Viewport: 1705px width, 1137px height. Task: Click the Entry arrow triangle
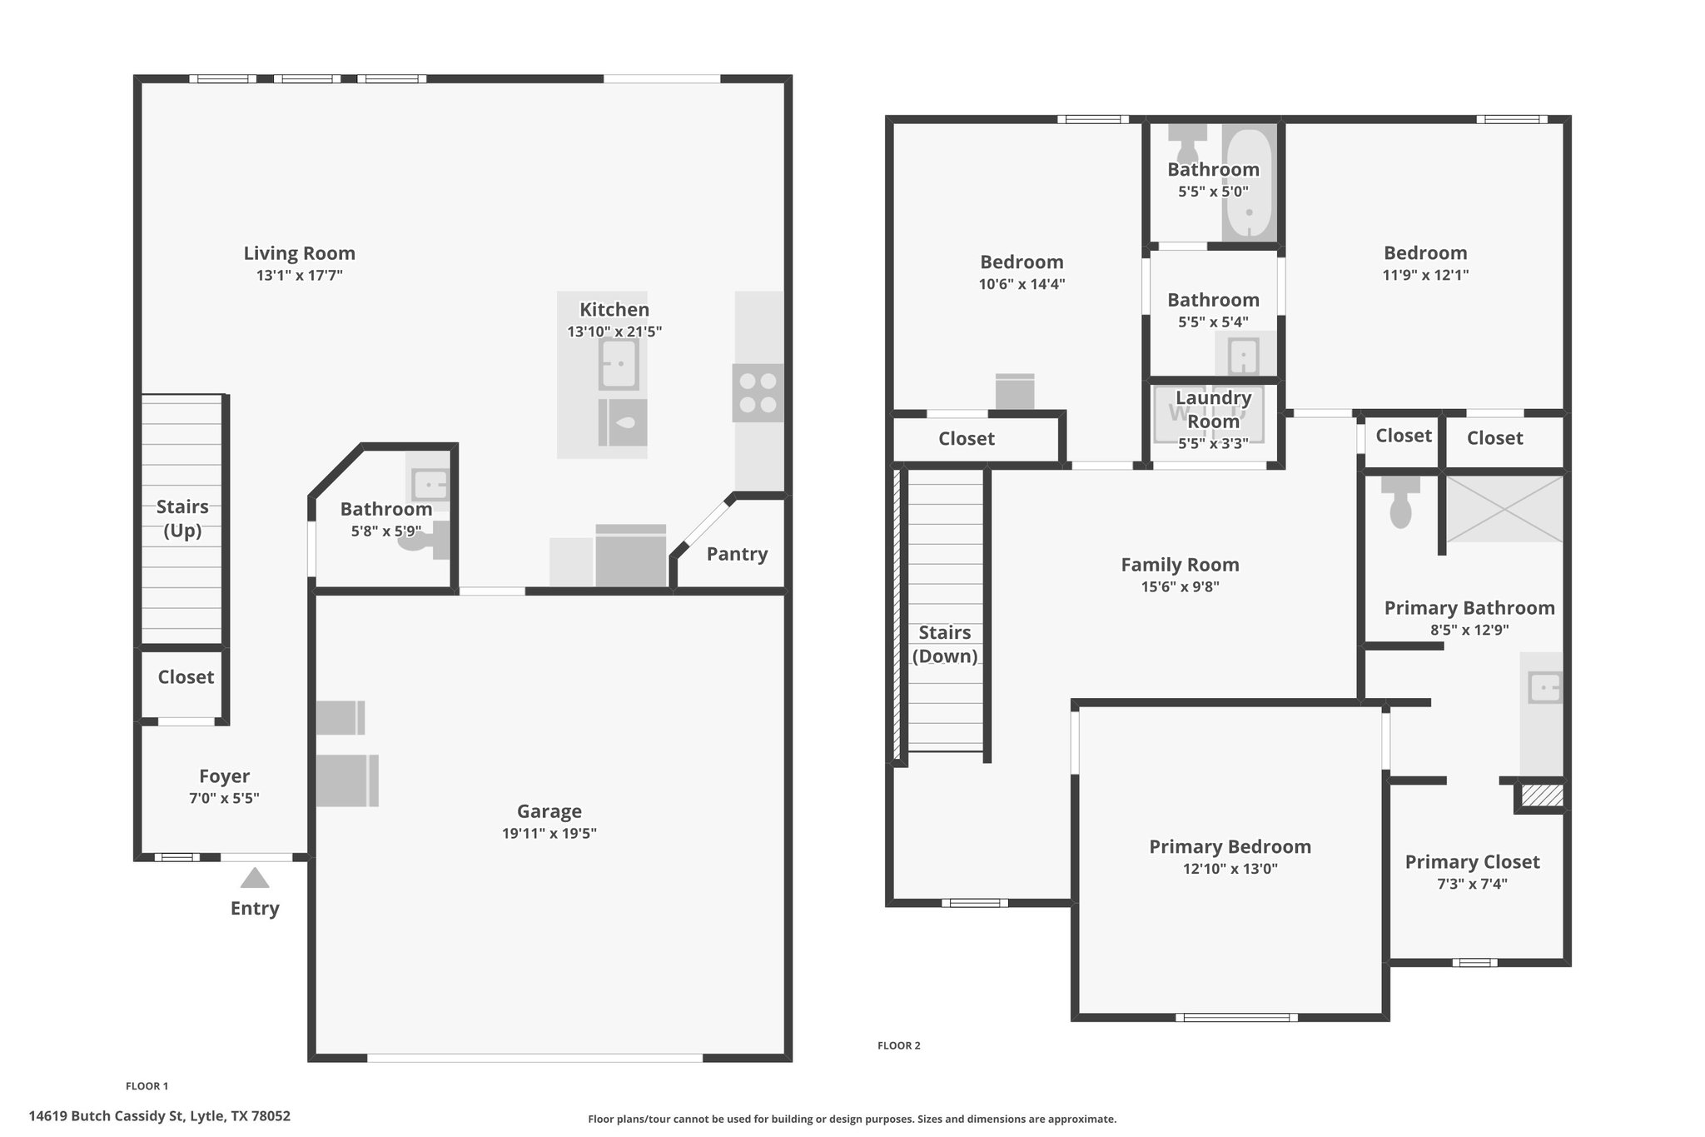(x=255, y=878)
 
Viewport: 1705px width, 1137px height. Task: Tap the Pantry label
(x=737, y=554)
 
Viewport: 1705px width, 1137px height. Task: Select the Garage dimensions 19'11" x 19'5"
(x=549, y=833)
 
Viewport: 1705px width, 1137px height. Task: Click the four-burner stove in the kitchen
(x=758, y=393)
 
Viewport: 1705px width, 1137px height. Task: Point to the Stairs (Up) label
(x=182, y=518)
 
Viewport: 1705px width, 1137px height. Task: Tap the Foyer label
(x=224, y=776)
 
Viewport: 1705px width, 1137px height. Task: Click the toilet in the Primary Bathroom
(x=1400, y=501)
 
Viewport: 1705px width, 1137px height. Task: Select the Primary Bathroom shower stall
(x=1504, y=509)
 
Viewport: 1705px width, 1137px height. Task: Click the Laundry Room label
(x=1213, y=410)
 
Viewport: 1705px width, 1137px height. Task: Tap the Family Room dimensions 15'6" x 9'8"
(x=1180, y=586)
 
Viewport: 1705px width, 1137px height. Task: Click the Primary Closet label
(x=1472, y=862)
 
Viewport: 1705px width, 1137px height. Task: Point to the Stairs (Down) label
(x=945, y=644)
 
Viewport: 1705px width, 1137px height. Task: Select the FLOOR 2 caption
(x=899, y=1045)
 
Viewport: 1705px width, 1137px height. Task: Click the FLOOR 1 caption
(x=147, y=1085)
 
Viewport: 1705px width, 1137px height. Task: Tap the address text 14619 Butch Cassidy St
(x=106, y=1116)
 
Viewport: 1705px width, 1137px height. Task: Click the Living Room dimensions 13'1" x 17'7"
(x=300, y=275)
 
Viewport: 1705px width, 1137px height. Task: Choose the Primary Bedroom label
(x=1230, y=847)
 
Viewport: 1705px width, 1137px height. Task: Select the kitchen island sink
(x=619, y=365)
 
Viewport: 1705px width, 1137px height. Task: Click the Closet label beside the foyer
(x=186, y=677)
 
